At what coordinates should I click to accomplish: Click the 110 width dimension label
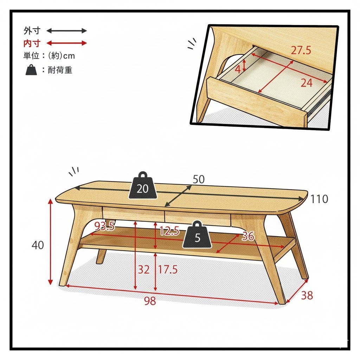pyautogui.click(x=319, y=199)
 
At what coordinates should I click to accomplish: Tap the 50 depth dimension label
pyautogui.click(x=198, y=179)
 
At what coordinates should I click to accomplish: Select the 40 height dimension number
pyautogui.click(x=38, y=245)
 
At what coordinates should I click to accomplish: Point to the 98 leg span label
pyautogui.click(x=150, y=301)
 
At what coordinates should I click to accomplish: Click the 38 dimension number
pyautogui.click(x=307, y=295)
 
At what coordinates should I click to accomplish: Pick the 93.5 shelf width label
pyautogui.click(x=105, y=226)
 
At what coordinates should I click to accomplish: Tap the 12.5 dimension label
pyautogui.click(x=169, y=231)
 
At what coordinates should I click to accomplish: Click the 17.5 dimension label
pyautogui.click(x=168, y=269)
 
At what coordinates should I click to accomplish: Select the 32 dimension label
pyautogui.click(x=144, y=269)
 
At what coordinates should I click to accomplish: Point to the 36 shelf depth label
pyautogui.click(x=248, y=236)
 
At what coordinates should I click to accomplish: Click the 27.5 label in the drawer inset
pyautogui.click(x=301, y=50)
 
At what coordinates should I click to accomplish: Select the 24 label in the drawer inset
pyautogui.click(x=307, y=83)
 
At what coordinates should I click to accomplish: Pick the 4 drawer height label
pyautogui.click(x=238, y=69)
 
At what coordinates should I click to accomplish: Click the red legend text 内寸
pyautogui.click(x=32, y=43)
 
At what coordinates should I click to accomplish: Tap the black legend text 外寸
pyautogui.click(x=32, y=31)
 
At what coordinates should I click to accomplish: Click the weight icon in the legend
pyautogui.click(x=31, y=70)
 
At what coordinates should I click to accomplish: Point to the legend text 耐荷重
pyautogui.click(x=60, y=70)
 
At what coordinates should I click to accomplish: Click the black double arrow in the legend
pyautogui.click(x=66, y=31)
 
